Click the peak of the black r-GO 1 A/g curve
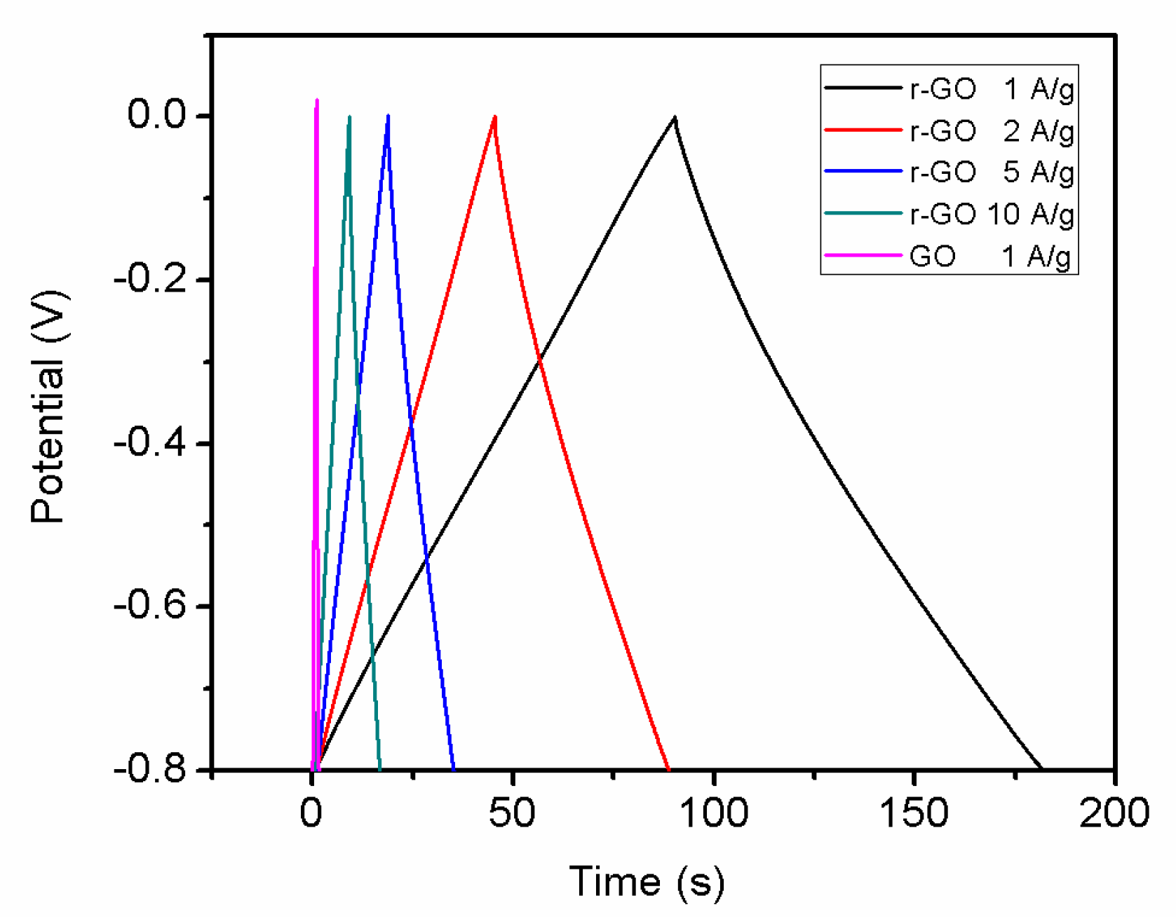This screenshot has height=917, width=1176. tap(675, 118)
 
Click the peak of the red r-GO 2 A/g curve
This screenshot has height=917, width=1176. tap(495, 116)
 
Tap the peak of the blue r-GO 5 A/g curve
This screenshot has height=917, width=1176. tap(388, 116)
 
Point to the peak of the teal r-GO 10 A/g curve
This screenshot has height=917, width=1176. tap(349, 116)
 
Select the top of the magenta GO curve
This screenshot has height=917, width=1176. tap(317, 100)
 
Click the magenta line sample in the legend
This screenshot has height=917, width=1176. tap(863, 255)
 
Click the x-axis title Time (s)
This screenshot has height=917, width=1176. tap(646, 881)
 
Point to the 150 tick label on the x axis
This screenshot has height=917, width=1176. tap(914, 813)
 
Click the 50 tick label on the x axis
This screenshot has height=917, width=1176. tap(512, 813)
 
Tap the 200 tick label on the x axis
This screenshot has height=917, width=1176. tap(1114, 813)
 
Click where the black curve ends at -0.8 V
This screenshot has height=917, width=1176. tap(1041, 768)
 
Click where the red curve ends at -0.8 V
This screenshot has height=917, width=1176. tap(668, 768)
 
